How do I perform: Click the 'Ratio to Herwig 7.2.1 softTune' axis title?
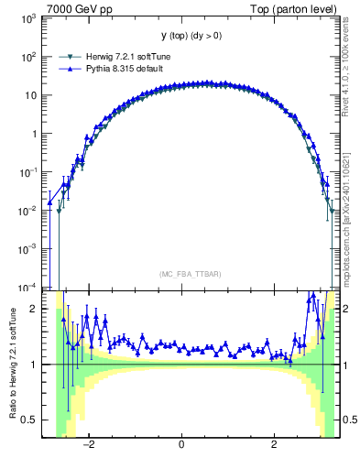[x=11, y=364]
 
